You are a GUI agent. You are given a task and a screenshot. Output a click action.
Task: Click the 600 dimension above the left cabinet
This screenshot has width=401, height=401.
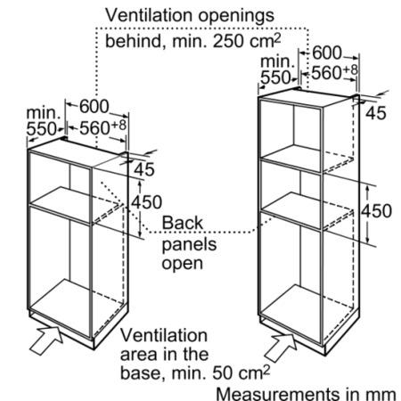point(94,106)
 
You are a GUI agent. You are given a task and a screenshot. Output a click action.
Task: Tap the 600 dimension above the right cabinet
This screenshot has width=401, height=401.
point(327,53)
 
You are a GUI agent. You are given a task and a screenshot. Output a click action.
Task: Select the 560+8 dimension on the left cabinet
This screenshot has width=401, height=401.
point(102,127)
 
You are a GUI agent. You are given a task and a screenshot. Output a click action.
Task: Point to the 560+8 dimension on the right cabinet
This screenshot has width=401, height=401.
point(335,72)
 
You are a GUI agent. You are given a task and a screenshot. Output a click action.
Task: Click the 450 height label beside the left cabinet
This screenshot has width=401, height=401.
point(147,202)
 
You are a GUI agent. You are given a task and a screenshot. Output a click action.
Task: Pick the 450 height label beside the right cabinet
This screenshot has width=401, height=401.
point(376,211)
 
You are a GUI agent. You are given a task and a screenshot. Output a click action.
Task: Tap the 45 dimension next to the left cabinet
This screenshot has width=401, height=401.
point(144,169)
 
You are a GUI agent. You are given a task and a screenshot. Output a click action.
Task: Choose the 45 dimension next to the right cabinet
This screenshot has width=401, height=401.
point(376,113)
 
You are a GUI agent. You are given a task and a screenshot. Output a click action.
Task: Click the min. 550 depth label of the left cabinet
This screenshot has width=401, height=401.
point(42,121)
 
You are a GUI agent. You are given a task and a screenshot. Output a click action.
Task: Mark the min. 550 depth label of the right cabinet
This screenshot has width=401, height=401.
point(277,70)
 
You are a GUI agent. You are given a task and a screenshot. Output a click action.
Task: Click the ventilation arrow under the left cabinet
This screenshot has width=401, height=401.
point(46,340)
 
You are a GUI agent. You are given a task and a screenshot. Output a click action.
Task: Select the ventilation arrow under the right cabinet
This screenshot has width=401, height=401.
point(281,347)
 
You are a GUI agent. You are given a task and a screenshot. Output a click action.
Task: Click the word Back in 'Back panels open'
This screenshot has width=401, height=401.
point(183,223)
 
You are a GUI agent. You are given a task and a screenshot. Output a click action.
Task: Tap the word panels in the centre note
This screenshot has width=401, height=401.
point(189,245)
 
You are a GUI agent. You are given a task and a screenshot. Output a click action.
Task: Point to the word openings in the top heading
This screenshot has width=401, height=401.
point(236,16)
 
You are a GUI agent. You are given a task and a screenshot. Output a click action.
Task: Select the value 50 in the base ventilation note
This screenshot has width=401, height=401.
point(222,372)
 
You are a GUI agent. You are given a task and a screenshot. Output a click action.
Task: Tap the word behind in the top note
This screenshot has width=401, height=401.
point(134,41)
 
